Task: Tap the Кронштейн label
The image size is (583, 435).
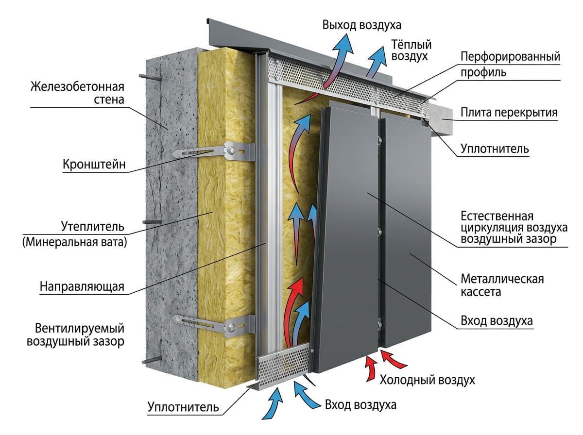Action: [94, 165]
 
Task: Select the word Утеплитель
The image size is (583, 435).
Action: [93, 226]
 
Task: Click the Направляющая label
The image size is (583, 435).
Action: [82, 286]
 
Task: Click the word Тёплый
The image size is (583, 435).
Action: [411, 44]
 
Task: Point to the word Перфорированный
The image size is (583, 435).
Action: [510, 56]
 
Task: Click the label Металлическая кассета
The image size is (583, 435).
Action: [502, 285]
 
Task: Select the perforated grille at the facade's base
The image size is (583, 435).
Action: [282, 364]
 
